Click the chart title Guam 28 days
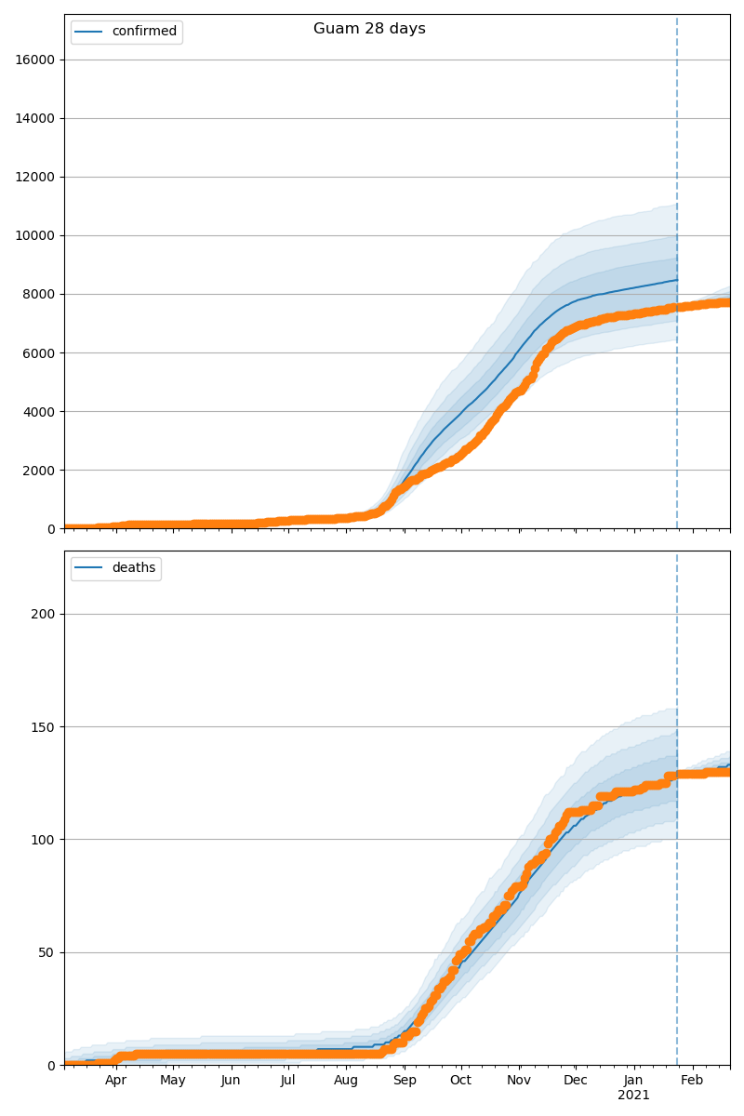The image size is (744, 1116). [369, 29]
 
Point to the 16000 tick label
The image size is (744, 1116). [35, 60]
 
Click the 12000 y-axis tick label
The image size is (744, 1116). [35, 177]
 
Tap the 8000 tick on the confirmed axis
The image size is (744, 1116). [38, 294]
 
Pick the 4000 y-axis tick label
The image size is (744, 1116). [38, 411]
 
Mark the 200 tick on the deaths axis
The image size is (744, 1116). [44, 614]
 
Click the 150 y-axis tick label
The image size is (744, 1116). [44, 726]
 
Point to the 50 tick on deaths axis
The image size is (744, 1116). [46, 952]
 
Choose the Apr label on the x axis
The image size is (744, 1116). [115, 1081]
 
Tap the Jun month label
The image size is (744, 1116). [231, 1081]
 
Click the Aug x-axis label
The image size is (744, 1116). [346, 1081]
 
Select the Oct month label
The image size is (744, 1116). [460, 1081]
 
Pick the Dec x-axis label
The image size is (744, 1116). [576, 1081]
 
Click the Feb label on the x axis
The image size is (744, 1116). [691, 1081]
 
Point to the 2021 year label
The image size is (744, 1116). [633, 1096]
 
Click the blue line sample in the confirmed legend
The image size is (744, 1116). [90, 32]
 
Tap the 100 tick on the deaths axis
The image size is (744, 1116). [44, 840]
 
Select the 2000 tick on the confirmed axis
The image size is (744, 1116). [38, 470]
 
